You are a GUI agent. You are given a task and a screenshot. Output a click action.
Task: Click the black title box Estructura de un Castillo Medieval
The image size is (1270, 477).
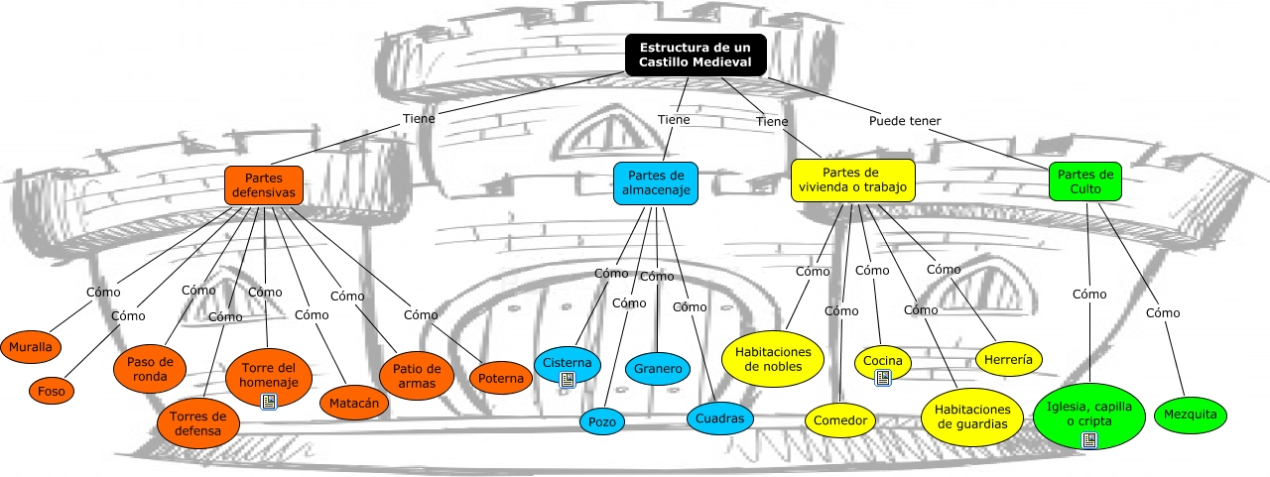click(x=696, y=55)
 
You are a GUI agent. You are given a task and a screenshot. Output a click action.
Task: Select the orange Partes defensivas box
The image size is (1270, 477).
click(x=263, y=184)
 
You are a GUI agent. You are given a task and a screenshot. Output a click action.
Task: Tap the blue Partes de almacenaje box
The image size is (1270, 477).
click(x=656, y=183)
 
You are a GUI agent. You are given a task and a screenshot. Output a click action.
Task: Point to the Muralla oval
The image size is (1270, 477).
click(x=32, y=347)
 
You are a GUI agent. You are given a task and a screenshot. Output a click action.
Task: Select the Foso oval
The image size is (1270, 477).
click(x=51, y=391)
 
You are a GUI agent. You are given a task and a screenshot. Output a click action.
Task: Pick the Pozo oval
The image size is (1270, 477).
click(x=602, y=421)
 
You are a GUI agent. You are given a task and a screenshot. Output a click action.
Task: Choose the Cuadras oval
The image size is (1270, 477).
click(x=719, y=418)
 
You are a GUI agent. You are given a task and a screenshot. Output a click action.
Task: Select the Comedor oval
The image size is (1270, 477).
click(x=839, y=420)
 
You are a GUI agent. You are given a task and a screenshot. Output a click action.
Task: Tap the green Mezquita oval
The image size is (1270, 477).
click(x=1191, y=415)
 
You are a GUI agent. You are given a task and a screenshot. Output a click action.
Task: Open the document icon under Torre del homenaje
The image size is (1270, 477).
click(x=268, y=402)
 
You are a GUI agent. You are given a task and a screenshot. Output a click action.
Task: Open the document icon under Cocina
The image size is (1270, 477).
click(x=882, y=378)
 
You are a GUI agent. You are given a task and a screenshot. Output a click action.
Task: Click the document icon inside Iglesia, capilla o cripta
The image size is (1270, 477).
click(x=1088, y=439)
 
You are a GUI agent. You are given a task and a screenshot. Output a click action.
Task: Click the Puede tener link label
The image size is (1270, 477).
click(x=905, y=121)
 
